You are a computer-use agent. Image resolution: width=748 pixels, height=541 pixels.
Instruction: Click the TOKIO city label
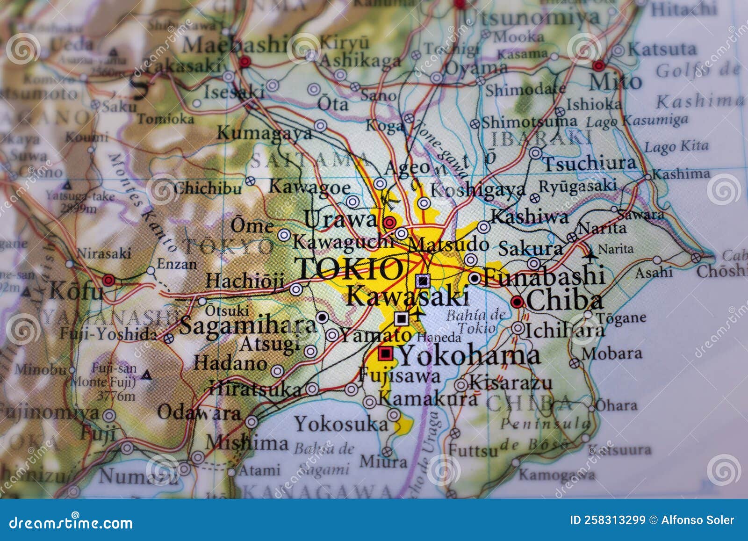(350, 268)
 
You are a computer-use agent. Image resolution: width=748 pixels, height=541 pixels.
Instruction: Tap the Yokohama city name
(469, 356)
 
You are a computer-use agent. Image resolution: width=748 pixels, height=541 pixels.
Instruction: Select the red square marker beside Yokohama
(386, 353)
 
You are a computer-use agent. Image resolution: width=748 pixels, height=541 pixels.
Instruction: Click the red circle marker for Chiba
(517, 302)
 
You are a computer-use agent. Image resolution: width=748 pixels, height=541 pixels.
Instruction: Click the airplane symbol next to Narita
(591, 255)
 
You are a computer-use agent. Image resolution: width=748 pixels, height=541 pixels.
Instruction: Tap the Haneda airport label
(439, 337)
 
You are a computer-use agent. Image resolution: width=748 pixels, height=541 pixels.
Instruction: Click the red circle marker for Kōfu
(108, 281)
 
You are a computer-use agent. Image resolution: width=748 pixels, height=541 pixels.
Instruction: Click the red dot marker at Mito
(598, 65)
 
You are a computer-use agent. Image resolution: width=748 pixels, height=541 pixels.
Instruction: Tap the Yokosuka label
(341, 424)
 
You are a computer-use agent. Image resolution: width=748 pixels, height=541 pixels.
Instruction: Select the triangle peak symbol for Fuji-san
(146, 375)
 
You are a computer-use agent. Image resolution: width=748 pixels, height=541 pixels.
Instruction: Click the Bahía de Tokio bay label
(475, 321)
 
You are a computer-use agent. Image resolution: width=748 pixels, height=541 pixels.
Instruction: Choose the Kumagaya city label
(264, 133)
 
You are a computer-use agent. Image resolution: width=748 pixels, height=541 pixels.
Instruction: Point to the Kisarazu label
(511, 383)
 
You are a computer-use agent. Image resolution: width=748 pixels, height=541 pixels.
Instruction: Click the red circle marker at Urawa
(389, 222)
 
